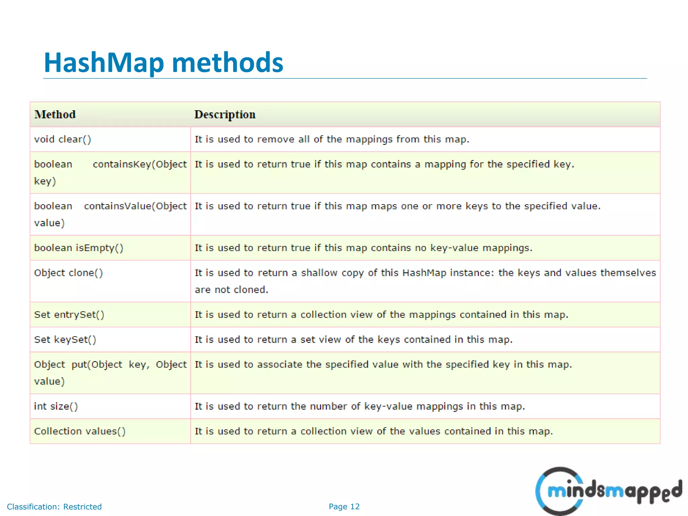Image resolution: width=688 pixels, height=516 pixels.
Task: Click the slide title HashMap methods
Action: coord(164,63)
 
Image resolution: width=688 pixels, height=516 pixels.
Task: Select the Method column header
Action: coord(55,115)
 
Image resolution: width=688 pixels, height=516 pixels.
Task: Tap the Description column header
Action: coord(225,115)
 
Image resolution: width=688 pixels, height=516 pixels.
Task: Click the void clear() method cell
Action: coord(62,139)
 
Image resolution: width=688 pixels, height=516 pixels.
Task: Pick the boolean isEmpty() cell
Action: coord(79,248)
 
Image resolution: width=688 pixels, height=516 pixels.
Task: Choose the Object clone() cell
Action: coord(69,273)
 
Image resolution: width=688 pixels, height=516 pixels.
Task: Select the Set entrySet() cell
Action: coord(69,315)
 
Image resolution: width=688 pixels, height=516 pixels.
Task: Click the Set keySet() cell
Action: coord(65,340)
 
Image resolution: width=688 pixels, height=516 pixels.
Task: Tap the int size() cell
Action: coord(56,406)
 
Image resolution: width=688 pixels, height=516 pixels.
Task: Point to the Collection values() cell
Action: coord(80,431)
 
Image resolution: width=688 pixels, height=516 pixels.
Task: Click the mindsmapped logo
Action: coord(608,491)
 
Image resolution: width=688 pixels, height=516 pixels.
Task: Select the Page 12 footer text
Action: coord(344,507)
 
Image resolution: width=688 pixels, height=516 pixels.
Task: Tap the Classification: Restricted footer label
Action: coord(54,507)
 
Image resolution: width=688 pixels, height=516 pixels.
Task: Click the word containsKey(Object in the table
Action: coord(140,164)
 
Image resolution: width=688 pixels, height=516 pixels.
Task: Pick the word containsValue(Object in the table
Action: coord(135,206)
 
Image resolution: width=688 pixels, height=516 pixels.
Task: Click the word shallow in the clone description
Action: coord(319,273)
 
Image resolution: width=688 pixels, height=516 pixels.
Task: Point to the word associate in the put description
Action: coord(279,365)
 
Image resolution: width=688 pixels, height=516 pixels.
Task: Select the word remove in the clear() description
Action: coord(275,139)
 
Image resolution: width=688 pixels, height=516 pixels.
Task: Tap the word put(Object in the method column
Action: coord(97,365)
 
